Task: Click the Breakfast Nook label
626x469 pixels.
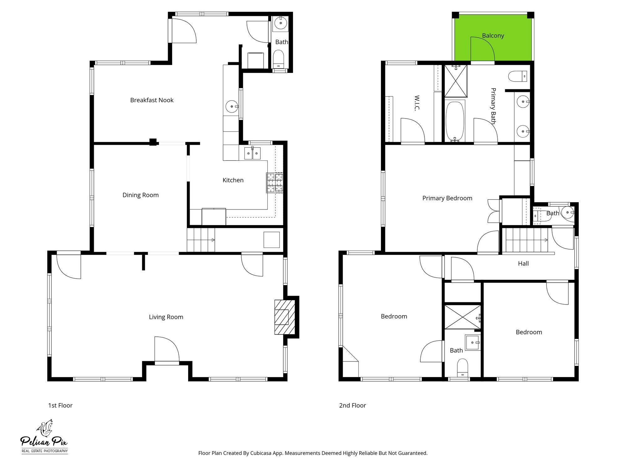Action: tap(152, 100)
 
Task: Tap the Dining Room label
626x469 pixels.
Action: tap(141, 195)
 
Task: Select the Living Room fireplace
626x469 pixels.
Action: tap(285, 317)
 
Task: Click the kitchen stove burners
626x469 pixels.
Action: tap(275, 183)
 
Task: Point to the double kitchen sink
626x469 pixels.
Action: tap(252, 153)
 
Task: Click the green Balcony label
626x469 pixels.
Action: tap(493, 36)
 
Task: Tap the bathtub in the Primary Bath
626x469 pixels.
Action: tap(455, 121)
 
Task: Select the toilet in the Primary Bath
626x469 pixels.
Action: tap(517, 76)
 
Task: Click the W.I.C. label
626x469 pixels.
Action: tap(417, 103)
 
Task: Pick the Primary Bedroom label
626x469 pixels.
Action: tap(447, 198)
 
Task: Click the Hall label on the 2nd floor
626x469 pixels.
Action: tap(523, 264)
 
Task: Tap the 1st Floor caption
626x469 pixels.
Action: tap(60, 406)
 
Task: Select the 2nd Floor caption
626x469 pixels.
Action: tap(352, 406)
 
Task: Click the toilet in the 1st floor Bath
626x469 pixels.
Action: tap(278, 59)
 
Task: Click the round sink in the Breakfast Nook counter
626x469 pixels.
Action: tap(232, 107)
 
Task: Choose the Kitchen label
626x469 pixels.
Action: tap(233, 180)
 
